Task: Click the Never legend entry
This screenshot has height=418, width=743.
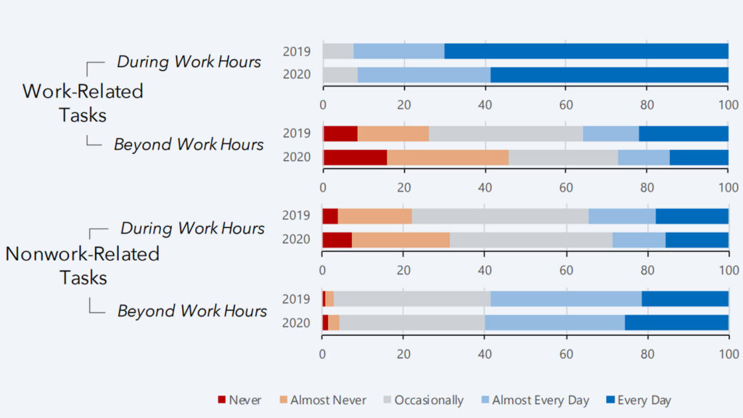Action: pos(240,400)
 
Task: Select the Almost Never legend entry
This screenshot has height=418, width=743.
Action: pos(321,400)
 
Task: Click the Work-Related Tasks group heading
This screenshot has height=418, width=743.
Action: pos(83,102)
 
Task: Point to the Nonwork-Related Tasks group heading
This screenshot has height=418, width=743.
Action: pos(83,266)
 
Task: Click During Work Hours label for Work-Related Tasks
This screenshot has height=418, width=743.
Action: pos(189,62)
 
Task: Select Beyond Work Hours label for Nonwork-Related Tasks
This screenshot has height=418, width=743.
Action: pos(192,311)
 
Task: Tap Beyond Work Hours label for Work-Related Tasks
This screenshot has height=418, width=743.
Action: pos(189,144)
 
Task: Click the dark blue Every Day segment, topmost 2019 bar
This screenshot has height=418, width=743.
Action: pos(586,51)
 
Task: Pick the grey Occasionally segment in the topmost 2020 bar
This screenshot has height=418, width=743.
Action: pos(340,75)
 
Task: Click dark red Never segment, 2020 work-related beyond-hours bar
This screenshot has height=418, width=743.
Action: pos(355,157)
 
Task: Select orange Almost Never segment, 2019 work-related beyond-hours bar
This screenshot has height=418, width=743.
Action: pos(393,134)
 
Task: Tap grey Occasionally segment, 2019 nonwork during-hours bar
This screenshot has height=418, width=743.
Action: pos(500,216)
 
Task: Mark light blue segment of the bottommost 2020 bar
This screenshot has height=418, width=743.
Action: pos(554,323)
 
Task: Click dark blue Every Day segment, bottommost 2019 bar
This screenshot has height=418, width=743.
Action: pos(685,299)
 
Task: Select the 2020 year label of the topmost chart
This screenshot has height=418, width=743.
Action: pos(296,75)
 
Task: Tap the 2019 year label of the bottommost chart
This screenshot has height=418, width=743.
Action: pos(296,299)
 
